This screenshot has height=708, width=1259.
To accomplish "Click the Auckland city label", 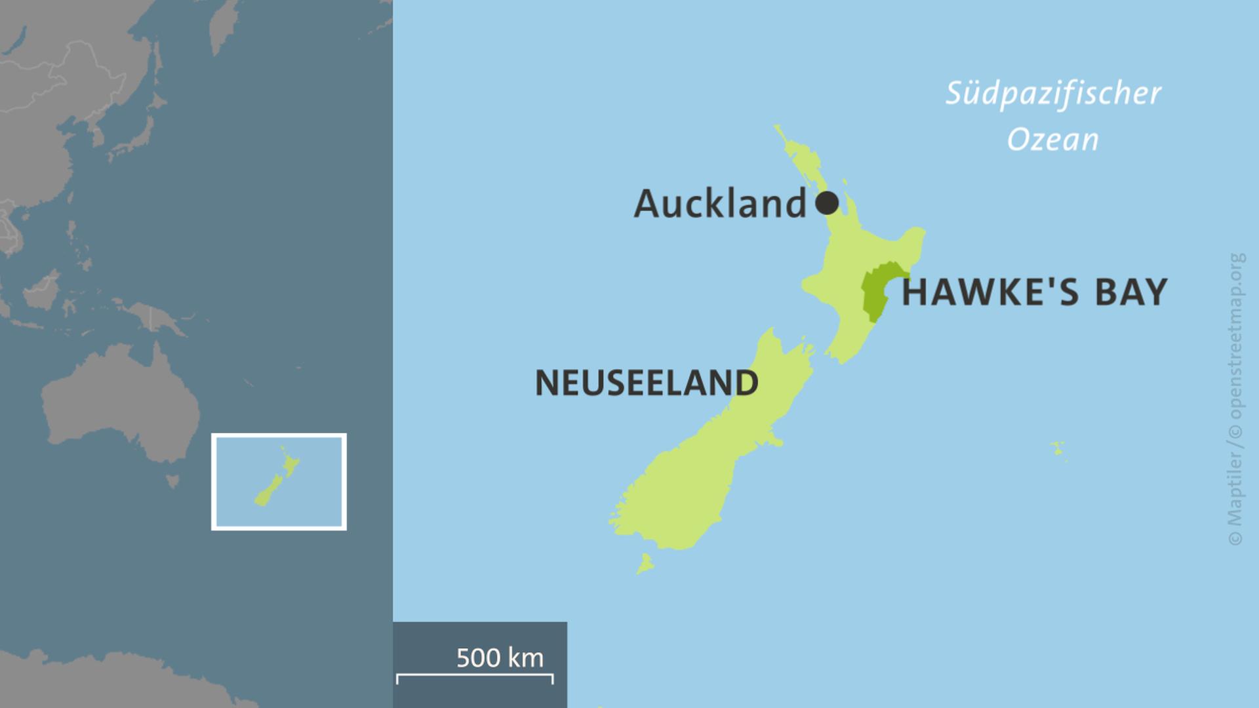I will click(x=719, y=203).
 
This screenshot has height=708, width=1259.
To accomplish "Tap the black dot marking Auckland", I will click(x=827, y=203).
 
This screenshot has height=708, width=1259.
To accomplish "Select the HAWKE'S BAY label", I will click(x=1034, y=292).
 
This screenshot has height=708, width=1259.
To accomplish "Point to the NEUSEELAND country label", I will click(x=647, y=383).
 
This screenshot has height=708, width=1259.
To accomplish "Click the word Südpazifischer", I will click(x=1052, y=93).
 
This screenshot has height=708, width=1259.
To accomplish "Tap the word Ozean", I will click(x=1052, y=140).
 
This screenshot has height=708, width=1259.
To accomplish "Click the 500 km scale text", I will click(x=500, y=658).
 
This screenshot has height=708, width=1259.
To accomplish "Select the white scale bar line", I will click(x=475, y=675).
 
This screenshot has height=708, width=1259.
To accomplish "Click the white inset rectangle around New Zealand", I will click(x=279, y=435).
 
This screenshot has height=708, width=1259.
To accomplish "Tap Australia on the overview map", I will click(x=118, y=406).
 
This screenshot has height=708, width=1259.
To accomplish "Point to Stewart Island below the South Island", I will click(x=645, y=563).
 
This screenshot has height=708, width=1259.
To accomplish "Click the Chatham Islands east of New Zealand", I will click(x=1057, y=449).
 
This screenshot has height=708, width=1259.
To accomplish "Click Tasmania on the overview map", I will click(x=172, y=482).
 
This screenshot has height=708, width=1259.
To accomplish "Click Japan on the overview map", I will click(x=141, y=131).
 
